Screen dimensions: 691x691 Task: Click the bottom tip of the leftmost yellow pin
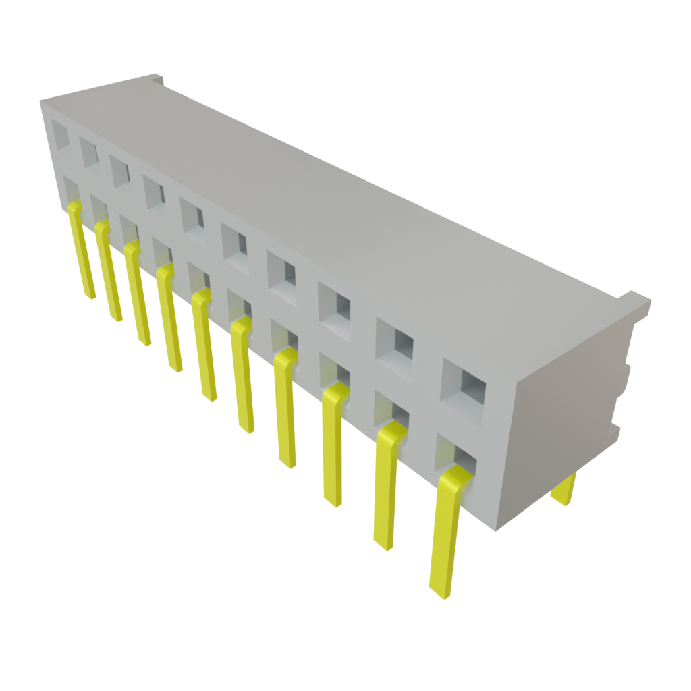(89, 294)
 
